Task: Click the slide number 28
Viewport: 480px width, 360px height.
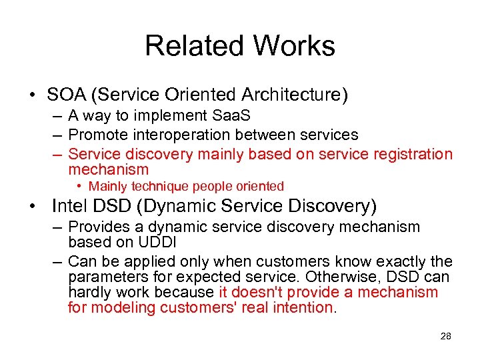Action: click(445, 336)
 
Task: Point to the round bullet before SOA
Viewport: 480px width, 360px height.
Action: click(32, 95)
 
